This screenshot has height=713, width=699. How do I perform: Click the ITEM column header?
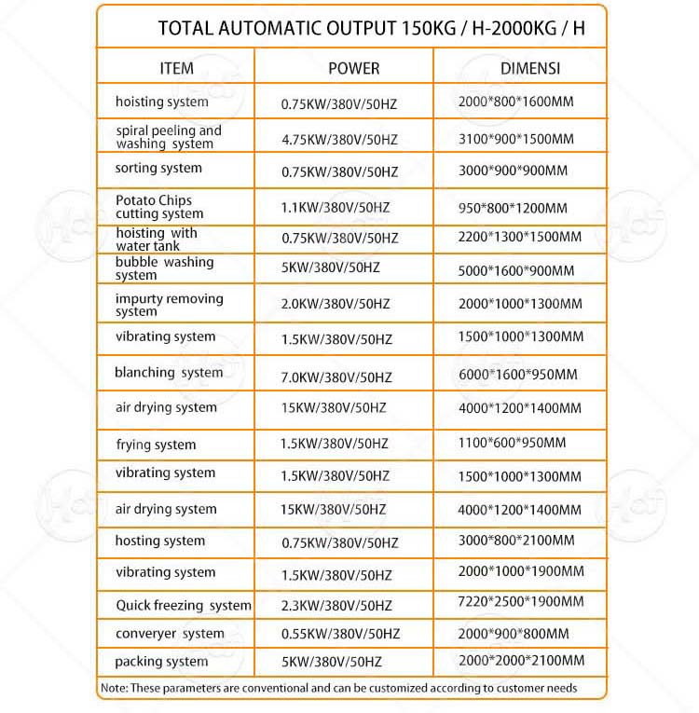177,68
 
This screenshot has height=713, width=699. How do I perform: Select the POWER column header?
354,68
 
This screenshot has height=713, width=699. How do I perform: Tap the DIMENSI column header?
530,68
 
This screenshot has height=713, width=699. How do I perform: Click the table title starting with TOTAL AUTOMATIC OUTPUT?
372,26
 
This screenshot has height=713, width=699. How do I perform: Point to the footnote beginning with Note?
337,688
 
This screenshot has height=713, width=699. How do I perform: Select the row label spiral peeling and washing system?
169,137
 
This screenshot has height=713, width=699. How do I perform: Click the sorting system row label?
158,169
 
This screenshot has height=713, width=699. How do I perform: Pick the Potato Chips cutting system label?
159,207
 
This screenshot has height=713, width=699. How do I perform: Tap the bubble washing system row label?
164,268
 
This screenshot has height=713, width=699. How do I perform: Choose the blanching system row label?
169,373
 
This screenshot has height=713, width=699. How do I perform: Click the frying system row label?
156,445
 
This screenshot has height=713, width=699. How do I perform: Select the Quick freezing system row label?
184,606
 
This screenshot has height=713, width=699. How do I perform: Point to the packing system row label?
161,662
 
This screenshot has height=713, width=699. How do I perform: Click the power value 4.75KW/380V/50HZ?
339,140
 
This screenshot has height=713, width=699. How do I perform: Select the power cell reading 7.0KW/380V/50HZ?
336,377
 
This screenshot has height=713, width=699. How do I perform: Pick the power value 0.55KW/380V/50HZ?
340,634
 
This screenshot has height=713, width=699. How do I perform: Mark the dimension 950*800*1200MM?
513,208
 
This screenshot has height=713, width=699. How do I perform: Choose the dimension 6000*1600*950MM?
518,375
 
